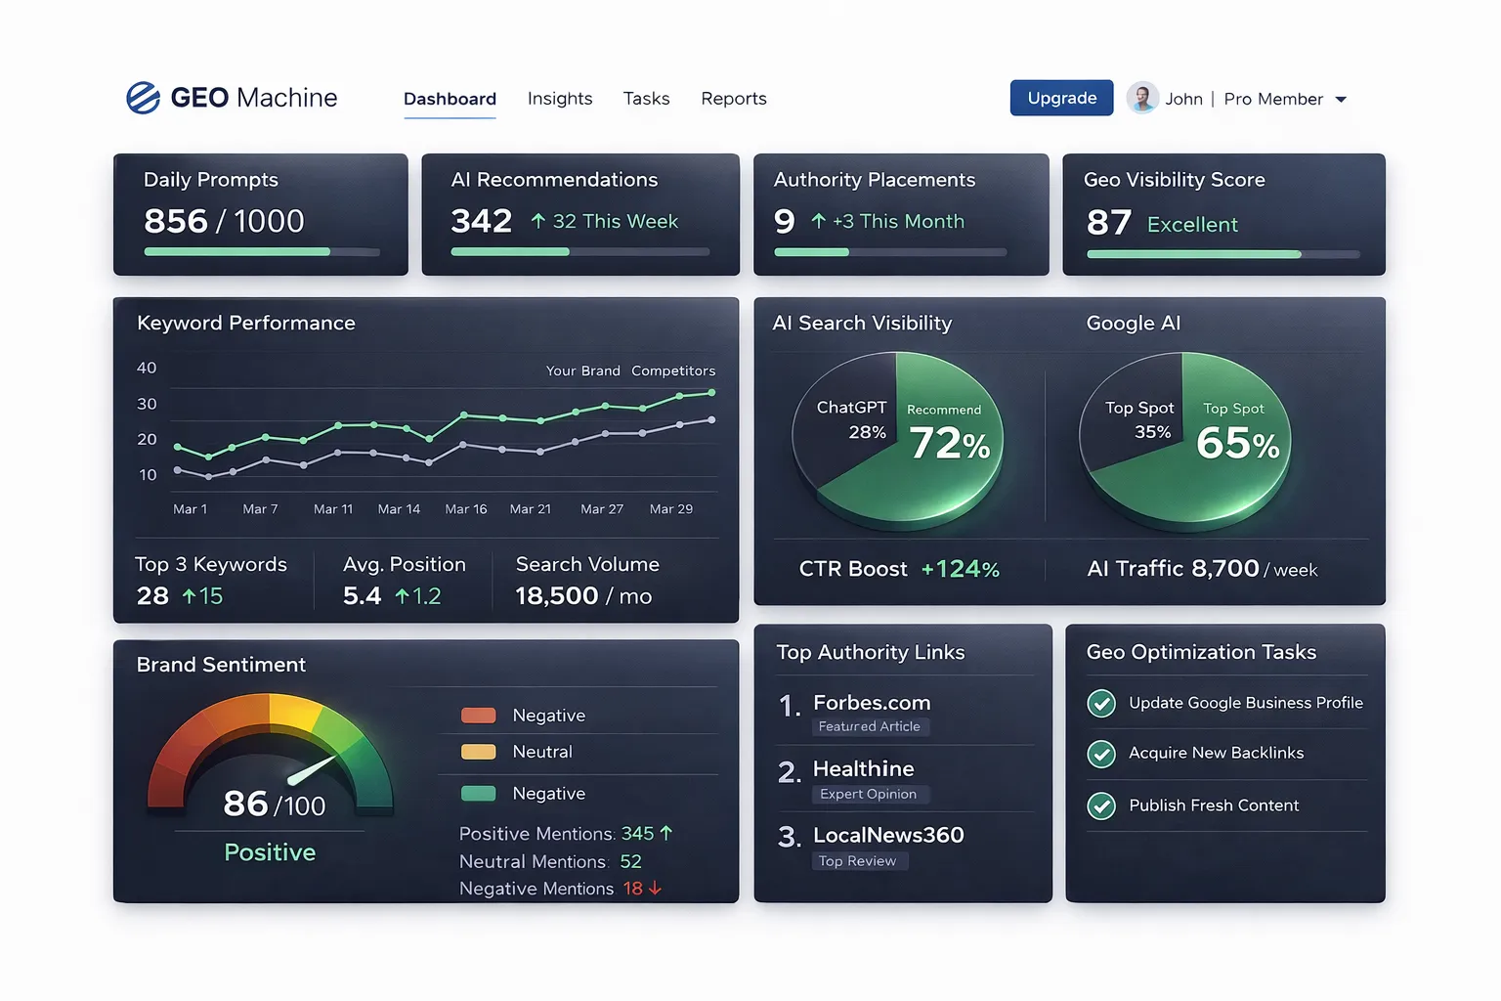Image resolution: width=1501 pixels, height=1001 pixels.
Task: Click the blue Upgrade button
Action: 1061,98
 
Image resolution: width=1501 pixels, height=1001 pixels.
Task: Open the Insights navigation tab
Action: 559,99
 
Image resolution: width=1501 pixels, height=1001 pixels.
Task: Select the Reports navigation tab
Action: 733,99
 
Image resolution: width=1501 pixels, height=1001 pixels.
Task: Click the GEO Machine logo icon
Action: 144,98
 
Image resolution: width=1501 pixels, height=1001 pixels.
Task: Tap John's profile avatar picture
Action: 1141,98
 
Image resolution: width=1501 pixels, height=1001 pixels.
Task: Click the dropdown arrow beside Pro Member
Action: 1341,100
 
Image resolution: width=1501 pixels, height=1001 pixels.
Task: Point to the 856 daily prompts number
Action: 176,221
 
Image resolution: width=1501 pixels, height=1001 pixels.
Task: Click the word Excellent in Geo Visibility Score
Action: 1192,225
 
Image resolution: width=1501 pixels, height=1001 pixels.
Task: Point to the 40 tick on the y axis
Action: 147,368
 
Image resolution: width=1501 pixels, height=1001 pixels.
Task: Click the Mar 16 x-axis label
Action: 465,509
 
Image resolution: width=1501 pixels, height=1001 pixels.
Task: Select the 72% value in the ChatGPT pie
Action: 949,444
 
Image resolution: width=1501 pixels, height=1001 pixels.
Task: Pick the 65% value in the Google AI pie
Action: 1237,444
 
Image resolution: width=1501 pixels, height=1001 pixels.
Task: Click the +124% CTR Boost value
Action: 960,569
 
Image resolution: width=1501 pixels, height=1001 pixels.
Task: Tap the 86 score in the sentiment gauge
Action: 245,804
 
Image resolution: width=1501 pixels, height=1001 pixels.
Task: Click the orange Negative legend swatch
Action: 478,716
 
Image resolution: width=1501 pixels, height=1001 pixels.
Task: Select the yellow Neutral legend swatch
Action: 478,752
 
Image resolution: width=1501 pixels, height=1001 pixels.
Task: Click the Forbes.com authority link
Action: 871,703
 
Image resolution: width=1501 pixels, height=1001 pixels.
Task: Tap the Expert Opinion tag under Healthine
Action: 868,794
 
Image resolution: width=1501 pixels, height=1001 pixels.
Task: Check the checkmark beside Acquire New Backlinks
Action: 1101,754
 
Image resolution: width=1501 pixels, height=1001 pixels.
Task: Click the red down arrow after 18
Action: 655,889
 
